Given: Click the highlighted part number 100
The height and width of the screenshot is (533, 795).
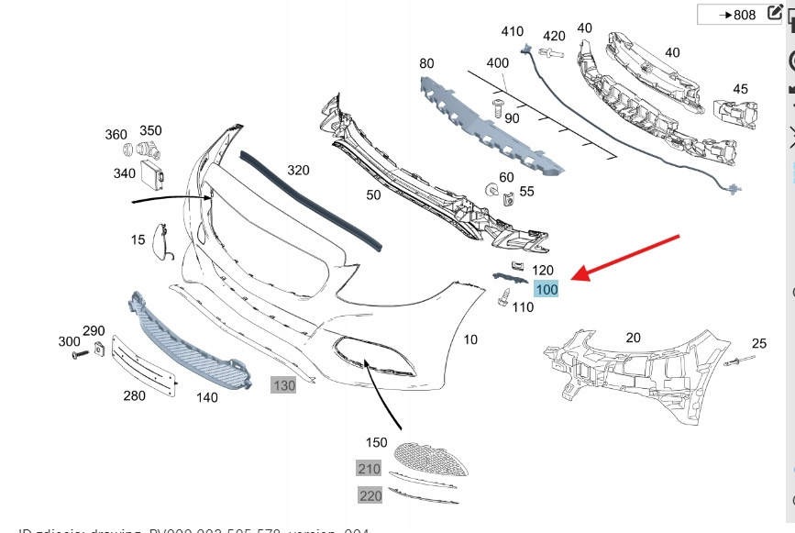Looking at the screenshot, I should (547, 289).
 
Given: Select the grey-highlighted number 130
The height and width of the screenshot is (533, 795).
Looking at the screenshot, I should (283, 385).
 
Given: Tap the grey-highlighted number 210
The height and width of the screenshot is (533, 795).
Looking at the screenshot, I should (369, 469).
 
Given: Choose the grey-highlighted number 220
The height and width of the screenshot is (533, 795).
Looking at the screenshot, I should (369, 495).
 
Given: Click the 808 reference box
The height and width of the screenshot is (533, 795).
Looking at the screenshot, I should (738, 15).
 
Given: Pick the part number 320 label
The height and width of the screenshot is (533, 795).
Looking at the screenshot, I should (298, 171).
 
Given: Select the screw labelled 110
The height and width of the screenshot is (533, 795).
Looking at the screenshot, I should (503, 298).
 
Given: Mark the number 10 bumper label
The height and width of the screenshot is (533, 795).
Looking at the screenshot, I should (470, 339).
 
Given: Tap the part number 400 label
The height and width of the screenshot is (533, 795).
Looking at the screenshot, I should (497, 63).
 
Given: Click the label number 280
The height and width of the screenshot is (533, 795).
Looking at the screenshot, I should (134, 395).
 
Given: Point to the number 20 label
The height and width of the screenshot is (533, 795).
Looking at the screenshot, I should (633, 337).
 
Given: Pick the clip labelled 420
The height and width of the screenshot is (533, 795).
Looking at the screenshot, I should (549, 55).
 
